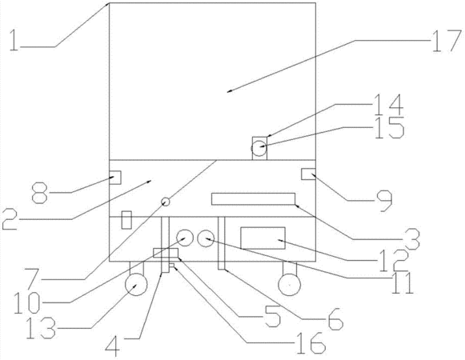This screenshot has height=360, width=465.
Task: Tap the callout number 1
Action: point(14,40)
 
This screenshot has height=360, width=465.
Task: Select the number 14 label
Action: point(389,105)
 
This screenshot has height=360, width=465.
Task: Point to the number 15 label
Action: point(390,128)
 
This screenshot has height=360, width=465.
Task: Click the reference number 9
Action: point(385,201)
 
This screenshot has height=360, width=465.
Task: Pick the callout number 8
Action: point(39,193)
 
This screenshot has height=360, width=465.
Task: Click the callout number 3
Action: point(412,238)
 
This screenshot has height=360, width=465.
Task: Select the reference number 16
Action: point(311,343)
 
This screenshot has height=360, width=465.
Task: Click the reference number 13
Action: point(41,328)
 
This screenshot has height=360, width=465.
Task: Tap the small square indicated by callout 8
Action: point(115,178)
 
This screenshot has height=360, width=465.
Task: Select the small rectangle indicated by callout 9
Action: point(308,174)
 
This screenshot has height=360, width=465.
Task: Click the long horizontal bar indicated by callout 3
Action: point(253,199)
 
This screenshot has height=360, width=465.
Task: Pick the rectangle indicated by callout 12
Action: point(263,238)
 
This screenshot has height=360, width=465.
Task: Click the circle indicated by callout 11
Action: point(206,238)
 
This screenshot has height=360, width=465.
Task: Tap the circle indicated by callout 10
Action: point(185,238)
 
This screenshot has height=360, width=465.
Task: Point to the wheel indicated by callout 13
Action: point(136,285)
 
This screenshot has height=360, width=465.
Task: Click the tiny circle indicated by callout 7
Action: point(166,202)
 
